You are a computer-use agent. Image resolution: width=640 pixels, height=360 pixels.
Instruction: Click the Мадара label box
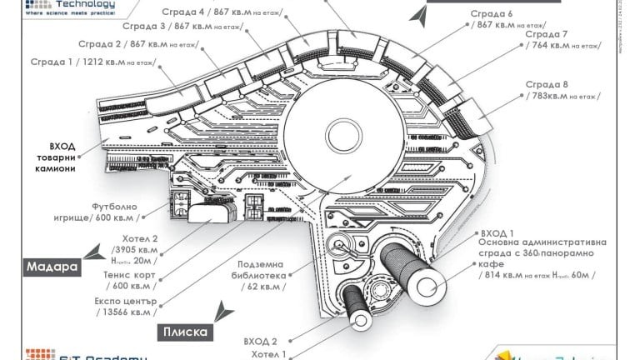pos(52,267)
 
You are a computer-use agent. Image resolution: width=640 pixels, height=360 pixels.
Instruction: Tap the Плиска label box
pos(185,332)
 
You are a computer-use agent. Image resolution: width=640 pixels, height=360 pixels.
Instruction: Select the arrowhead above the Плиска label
pos(222,312)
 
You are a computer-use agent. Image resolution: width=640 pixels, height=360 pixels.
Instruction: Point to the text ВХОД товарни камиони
pos(56,157)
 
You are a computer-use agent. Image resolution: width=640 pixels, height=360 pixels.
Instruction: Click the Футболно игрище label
pos(126,212)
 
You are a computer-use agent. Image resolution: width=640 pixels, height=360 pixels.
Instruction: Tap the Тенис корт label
pos(130,279)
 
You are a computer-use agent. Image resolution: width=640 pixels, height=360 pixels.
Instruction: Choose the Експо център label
pos(125,306)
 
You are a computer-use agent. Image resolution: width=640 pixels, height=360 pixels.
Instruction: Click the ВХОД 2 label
pos(261,341)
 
